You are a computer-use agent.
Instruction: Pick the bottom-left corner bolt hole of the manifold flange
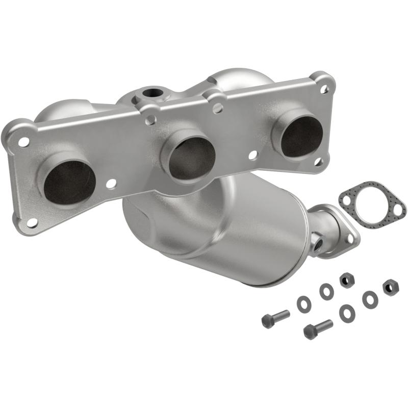click(x=31, y=222)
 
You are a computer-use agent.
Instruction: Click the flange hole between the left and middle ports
click(x=109, y=183)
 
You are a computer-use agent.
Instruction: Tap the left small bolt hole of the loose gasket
click(x=348, y=199)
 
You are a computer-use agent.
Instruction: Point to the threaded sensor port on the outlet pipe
click(x=318, y=242)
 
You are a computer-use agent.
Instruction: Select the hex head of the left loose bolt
click(x=267, y=321)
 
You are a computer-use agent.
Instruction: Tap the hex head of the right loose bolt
click(x=310, y=332)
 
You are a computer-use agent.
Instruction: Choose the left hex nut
click(x=347, y=280)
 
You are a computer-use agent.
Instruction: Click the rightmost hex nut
click(x=390, y=287)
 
